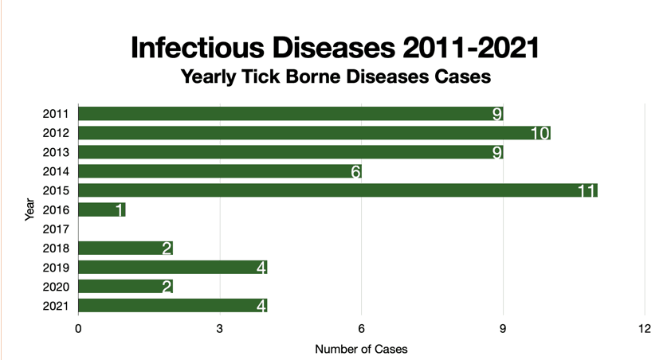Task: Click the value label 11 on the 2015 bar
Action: pyautogui.click(x=587, y=191)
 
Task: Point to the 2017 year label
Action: pyautogui.click(x=56, y=229)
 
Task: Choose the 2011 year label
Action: pyautogui.click(x=56, y=114)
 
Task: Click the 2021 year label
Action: pyautogui.click(x=56, y=306)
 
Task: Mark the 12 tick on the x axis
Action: pyautogui.click(x=645, y=329)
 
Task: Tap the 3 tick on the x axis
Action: pyautogui.click(x=220, y=329)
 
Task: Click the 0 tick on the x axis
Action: pyautogui.click(x=78, y=329)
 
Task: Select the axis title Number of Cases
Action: pyautogui.click(x=361, y=349)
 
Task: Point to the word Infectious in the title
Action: pyautogui.click(x=199, y=48)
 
